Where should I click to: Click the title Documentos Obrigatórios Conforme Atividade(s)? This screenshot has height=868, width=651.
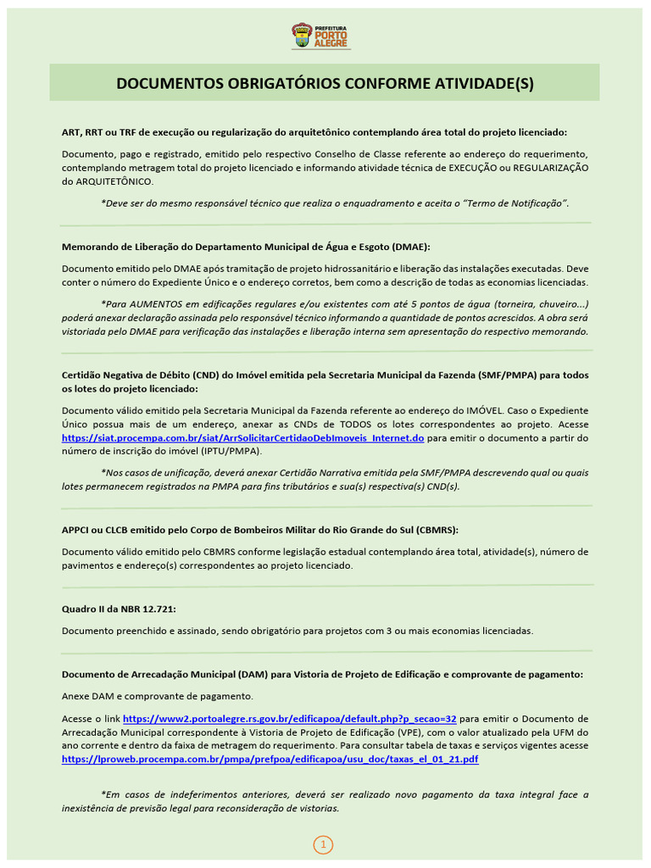tap(325, 83)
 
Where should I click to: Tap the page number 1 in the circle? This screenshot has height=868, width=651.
tap(323, 844)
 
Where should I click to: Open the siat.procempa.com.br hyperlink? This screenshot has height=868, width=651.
tap(242, 438)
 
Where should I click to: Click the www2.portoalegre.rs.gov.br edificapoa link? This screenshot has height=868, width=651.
tap(289, 717)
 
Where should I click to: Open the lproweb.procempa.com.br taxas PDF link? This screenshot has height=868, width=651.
tap(270, 759)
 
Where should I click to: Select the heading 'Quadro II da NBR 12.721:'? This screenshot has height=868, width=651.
tap(119, 609)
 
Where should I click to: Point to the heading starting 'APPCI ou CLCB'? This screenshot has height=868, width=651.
tap(259, 530)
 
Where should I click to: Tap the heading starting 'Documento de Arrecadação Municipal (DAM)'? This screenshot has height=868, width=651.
tap(322, 675)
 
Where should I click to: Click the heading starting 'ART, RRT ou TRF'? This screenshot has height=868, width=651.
tap(314, 132)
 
